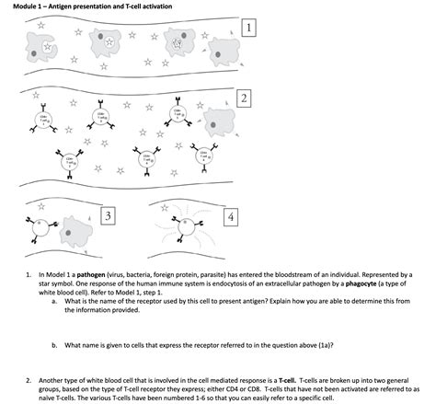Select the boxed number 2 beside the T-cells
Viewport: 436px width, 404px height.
click(244, 98)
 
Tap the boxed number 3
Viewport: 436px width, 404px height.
click(109, 215)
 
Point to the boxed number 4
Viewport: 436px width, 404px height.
click(230, 216)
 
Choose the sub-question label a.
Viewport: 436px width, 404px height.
click(54, 300)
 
